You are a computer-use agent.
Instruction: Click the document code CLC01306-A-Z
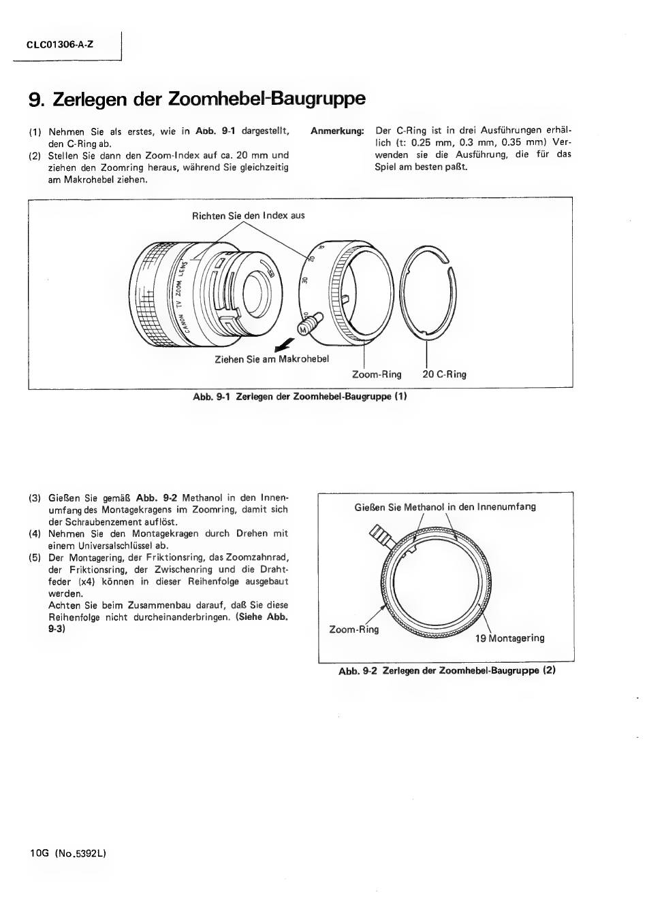point(61,45)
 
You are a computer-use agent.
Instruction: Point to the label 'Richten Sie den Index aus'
point(249,216)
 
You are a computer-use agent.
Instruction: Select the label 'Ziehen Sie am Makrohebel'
point(272,359)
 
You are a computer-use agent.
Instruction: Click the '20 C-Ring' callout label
point(444,374)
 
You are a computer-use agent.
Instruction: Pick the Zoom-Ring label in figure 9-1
point(377,374)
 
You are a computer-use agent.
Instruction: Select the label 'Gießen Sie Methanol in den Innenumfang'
point(445,507)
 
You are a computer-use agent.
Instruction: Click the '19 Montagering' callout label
point(509,638)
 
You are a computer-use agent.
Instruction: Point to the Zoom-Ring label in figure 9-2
point(353,629)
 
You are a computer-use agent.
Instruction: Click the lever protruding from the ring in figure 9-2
point(380,537)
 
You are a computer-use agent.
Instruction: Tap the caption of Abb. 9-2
point(447,670)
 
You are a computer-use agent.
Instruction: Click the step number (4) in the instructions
point(35,533)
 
